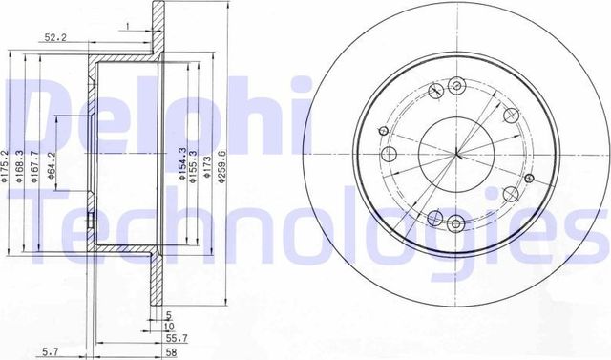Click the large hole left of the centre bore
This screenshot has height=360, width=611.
(x=389, y=155)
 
